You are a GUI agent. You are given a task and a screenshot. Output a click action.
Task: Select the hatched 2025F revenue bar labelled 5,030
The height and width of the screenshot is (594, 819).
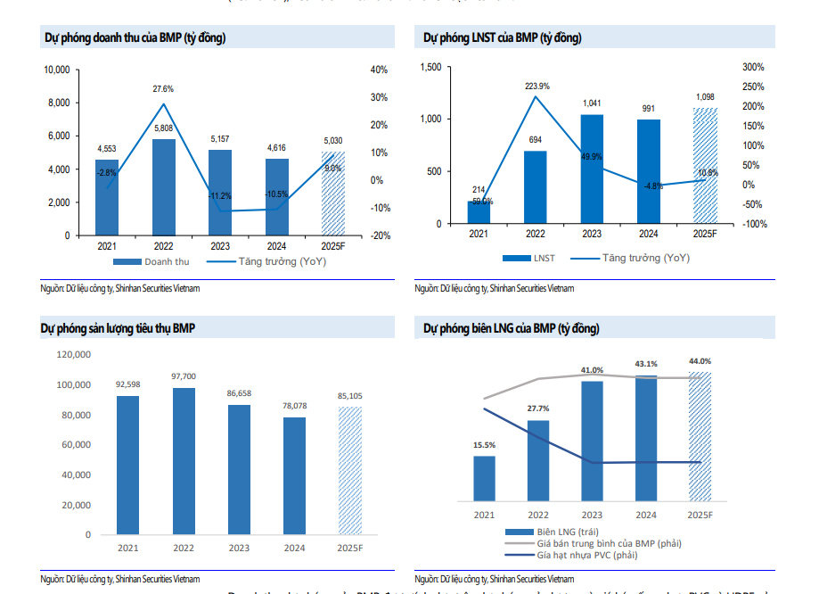coord(332,194)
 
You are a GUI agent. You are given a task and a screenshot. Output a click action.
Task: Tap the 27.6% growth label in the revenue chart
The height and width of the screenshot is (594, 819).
coord(163,89)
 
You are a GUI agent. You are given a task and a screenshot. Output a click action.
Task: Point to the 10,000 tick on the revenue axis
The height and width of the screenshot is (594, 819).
coord(57,70)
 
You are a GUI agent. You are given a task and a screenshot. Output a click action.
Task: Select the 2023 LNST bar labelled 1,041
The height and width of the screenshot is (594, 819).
coord(592,169)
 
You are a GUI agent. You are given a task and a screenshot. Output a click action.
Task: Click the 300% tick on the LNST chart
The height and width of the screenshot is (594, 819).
coord(753,67)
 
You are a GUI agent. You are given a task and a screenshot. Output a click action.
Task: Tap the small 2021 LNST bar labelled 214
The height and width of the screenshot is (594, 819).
coord(479,212)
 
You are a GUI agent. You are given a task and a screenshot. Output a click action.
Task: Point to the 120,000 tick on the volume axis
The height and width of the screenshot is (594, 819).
coord(73,354)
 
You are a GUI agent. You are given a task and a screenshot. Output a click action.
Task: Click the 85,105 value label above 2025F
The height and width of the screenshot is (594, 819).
coord(349,396)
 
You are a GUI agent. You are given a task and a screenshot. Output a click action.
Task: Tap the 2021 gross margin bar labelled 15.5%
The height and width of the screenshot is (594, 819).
coord(484,482)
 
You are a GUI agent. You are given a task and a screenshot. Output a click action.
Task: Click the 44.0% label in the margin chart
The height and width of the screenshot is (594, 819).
coord(700,361)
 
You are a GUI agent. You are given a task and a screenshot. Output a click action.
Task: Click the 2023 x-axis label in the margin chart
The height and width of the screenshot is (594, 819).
coord(592,516)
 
